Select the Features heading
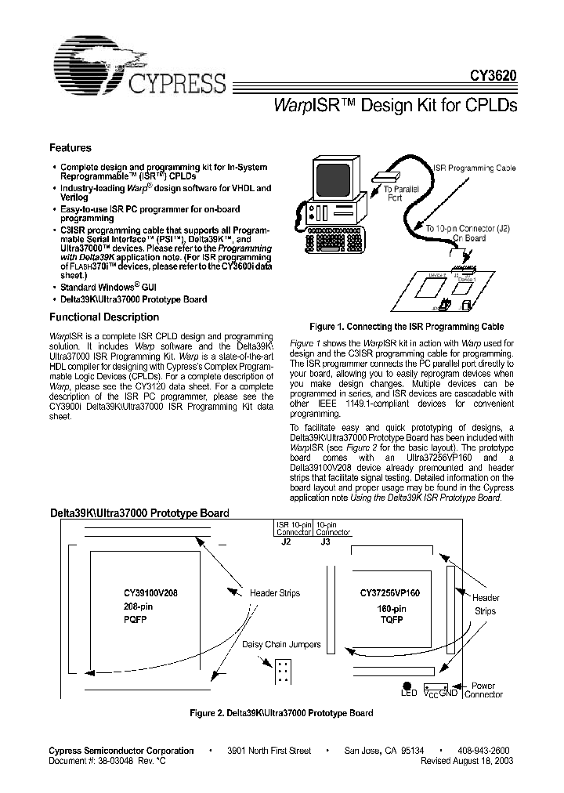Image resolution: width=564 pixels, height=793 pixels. pos(70,147)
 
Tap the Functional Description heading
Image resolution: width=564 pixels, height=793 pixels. pos(104,317)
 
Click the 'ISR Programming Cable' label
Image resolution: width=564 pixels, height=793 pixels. pos(475,168)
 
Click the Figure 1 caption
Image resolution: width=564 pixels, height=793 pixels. pos(406,326)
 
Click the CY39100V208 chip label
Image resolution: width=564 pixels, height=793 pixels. pos(155,593)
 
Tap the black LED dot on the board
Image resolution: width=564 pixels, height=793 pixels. pos(407,684)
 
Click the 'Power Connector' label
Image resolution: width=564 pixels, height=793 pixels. pos(483,690)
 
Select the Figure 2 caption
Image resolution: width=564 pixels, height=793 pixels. pos(282,713)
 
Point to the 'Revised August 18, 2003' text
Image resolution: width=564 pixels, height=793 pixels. pos(467,761)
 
